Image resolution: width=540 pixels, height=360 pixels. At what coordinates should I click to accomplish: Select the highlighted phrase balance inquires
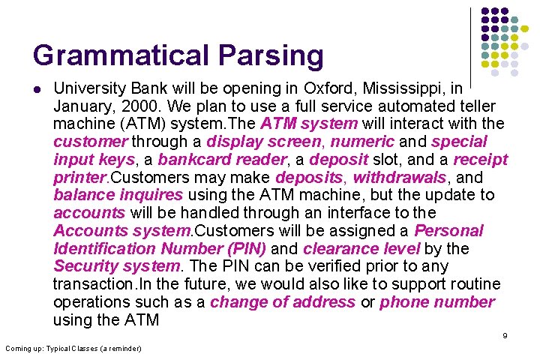pos(118,195)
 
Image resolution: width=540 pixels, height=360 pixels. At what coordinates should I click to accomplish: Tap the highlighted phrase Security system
pos(117,266)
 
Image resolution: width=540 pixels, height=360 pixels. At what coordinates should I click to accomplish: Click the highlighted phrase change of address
pos(283,302)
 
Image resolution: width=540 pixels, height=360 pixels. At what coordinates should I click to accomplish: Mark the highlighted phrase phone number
pos(437,302)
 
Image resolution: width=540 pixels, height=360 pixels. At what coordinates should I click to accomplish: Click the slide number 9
pos(505,335)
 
